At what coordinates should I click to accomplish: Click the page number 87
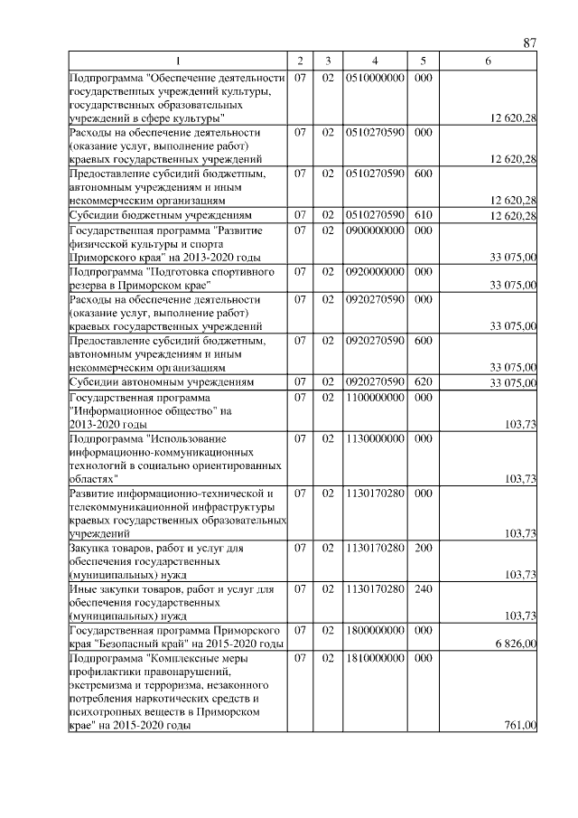pos(530,43)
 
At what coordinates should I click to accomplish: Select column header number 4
pos(374,61)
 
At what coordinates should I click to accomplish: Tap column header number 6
pos(488,61)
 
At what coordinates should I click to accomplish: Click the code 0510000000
pos(374,80)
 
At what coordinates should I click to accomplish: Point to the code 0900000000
pos(374,230)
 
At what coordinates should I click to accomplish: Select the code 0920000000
pos(374,270)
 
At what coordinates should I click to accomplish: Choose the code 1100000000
pos(374,397)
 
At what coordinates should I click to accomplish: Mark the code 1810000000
pos(374,660)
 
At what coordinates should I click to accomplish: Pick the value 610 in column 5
pos(422,215)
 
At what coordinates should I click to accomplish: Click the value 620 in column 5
pos(422,382)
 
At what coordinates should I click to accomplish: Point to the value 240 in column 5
pos(422,589)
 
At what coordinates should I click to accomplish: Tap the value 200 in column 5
pos(422,548)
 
